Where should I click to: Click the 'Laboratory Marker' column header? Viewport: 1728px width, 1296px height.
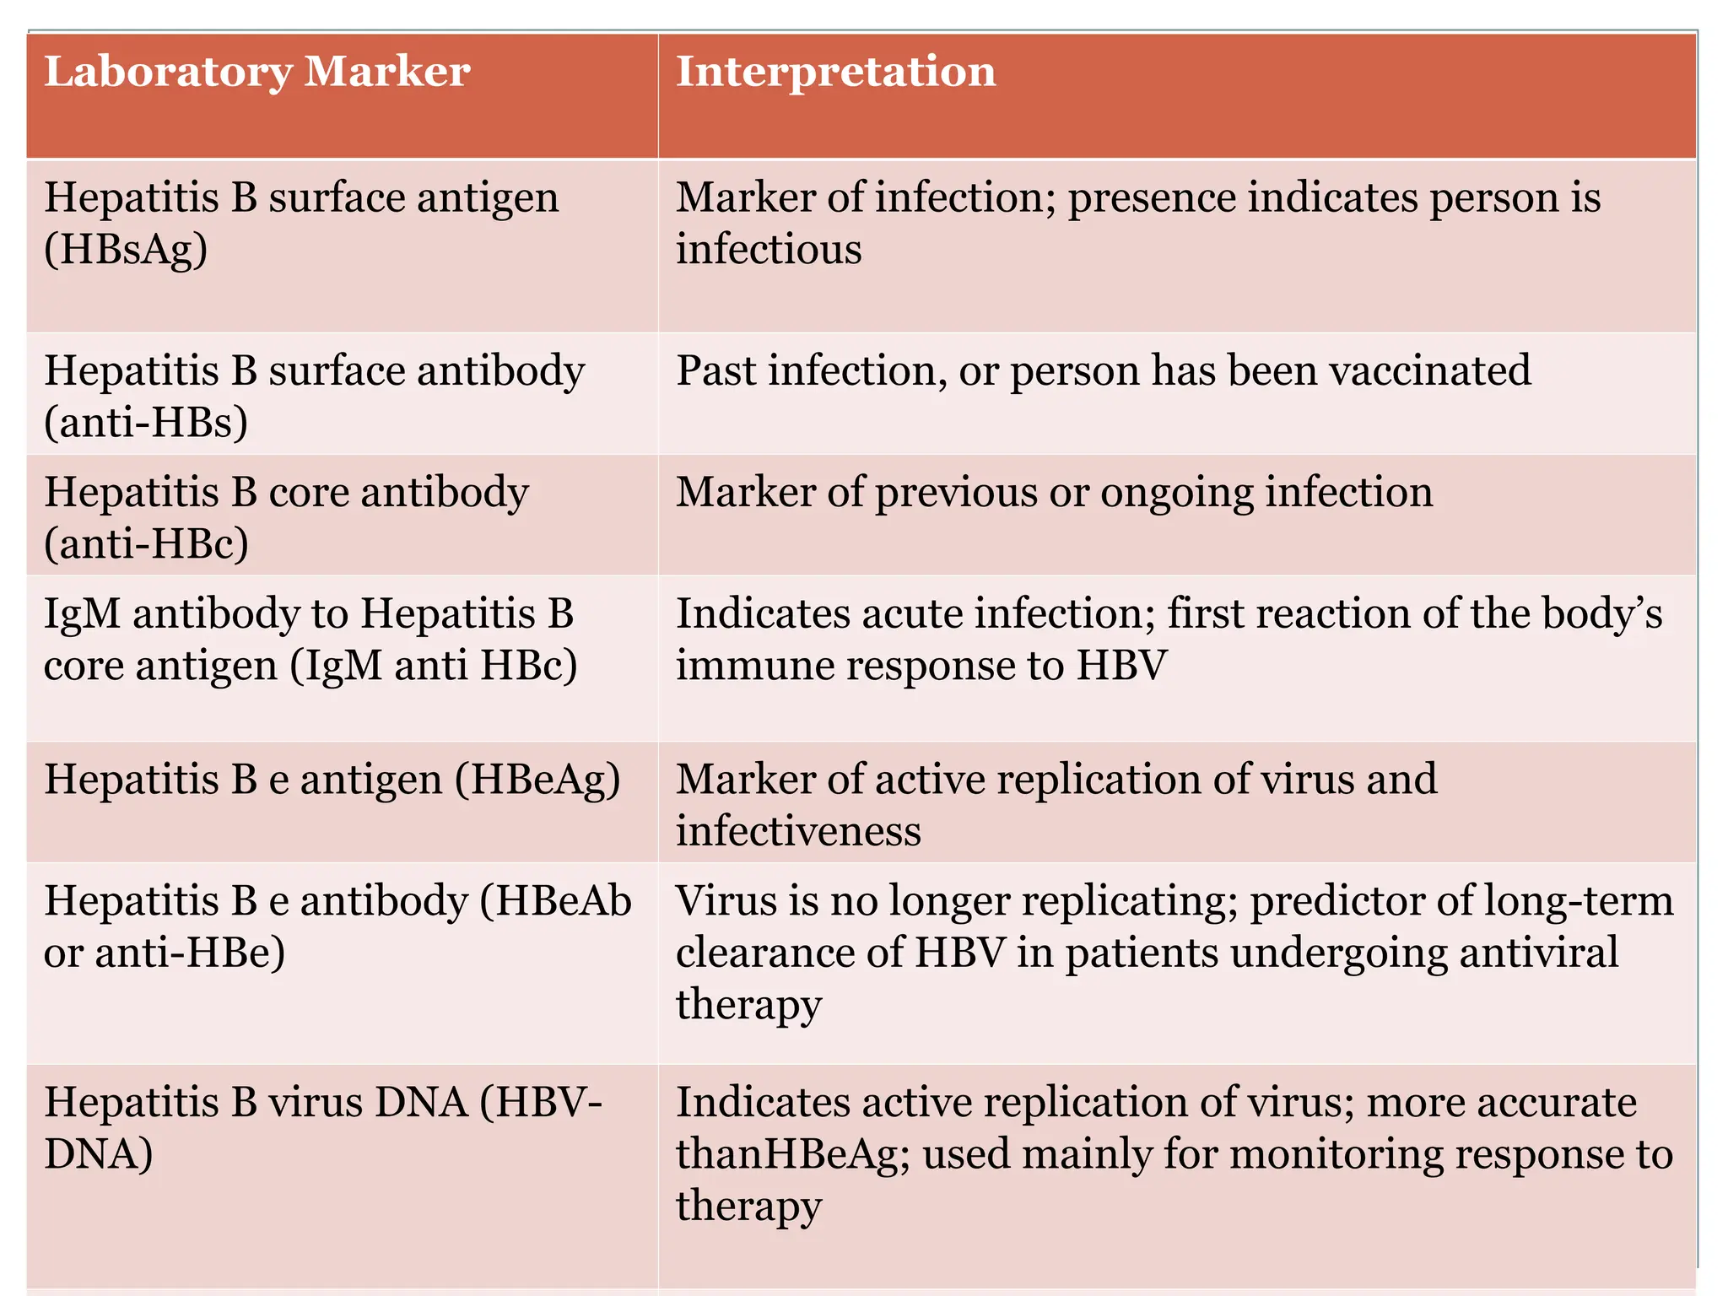pyautogui.click(x=256, y=72)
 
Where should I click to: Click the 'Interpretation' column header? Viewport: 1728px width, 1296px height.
pyautogui.click(x=835, y=72)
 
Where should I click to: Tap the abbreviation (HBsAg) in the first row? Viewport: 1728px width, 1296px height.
pyautogui.click(x=126, y=250)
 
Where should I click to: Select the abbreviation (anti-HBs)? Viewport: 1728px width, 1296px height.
pyautogui.click(x=146, y=423)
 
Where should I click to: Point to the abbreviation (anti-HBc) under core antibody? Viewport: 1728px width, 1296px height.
pyautogui.click(x=146, y=544)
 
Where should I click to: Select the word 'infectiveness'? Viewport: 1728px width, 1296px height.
pyautogui.click(x=798, y=832)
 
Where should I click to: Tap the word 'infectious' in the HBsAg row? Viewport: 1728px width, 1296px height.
pyautogui.click(x=769, y=250)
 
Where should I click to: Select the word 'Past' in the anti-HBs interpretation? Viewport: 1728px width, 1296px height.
pyautogui.click(x=715, y=370)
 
